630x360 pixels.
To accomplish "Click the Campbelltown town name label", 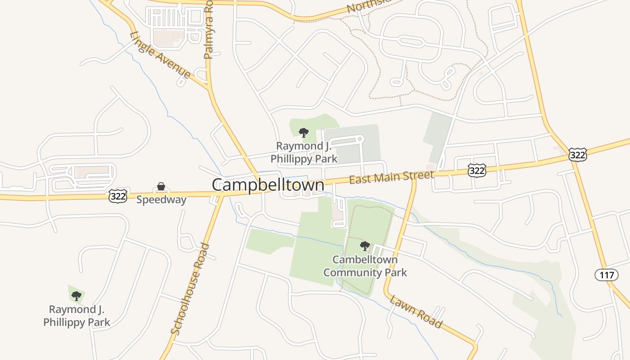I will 268,185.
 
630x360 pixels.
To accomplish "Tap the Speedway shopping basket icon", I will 161,187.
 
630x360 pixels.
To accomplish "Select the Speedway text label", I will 161,200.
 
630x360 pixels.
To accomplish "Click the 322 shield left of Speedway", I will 117,196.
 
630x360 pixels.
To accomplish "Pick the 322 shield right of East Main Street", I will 477,170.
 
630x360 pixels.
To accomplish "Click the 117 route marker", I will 606,274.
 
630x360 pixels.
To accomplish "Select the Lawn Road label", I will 416,311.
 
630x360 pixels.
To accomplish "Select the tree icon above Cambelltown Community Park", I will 365,246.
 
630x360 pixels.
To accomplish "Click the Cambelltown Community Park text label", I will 365,266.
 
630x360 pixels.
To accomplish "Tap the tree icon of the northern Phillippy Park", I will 304,132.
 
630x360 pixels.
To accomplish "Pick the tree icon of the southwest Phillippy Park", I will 76,296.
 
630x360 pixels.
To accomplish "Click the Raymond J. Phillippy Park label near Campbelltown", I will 304,152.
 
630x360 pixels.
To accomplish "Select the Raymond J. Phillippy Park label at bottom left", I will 76,316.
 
